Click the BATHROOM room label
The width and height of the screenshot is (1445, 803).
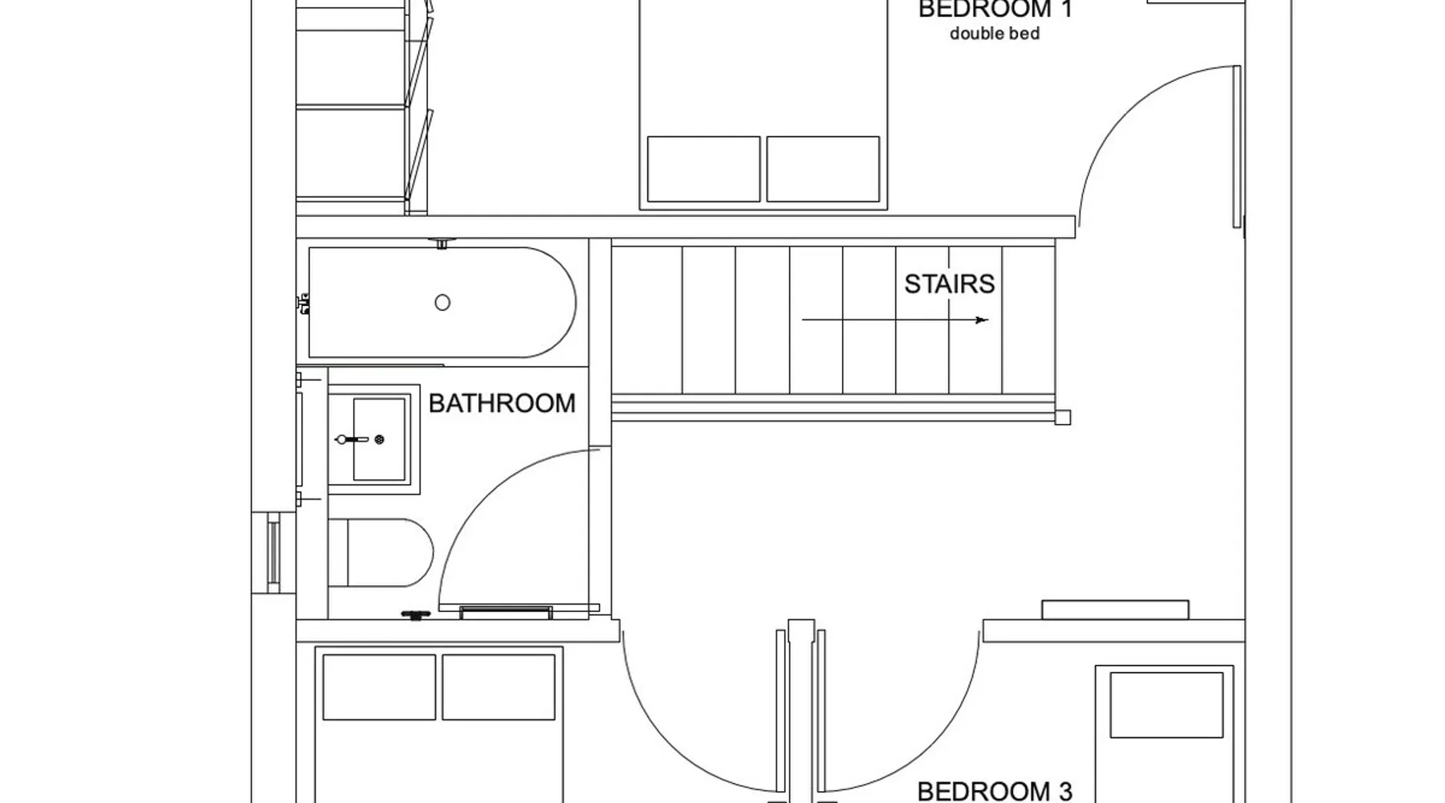(502, 403)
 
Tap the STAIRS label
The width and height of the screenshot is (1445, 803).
(950, 284)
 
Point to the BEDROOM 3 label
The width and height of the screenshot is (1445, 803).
(995, 792)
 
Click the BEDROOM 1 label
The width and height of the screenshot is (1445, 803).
(995, 9)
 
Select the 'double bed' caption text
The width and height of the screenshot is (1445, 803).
(995, 34)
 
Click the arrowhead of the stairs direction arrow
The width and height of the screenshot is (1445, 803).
(982, 320)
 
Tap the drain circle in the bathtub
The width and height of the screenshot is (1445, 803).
(442, 303)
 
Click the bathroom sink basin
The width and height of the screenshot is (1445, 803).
(379, 439)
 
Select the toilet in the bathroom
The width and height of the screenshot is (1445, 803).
(381, 552)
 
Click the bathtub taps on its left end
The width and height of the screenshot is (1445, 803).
(303, 304)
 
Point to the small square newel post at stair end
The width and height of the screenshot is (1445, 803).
(1062, 418)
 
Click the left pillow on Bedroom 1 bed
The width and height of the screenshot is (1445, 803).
(703, 169)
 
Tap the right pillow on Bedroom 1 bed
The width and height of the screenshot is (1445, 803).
(823, 169)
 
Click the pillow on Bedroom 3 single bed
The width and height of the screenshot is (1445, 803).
(1166, 705)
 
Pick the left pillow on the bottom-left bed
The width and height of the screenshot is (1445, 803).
(379, 687)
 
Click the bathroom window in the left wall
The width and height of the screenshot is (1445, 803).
(274, 552)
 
